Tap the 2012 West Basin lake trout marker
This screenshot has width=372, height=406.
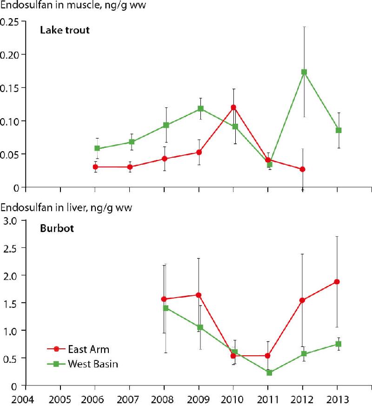coord(304,72)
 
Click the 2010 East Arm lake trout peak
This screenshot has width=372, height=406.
coord(233,107)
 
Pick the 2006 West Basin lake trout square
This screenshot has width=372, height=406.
coord(97,148)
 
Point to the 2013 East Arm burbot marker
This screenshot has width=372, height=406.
coord(337,282)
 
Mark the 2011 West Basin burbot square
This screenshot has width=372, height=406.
coord(269,373)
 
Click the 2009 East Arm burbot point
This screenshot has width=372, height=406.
coord(199,295)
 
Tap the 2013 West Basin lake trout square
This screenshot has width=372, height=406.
coord(339,130)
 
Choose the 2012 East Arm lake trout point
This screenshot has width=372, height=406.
coord(303,169)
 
